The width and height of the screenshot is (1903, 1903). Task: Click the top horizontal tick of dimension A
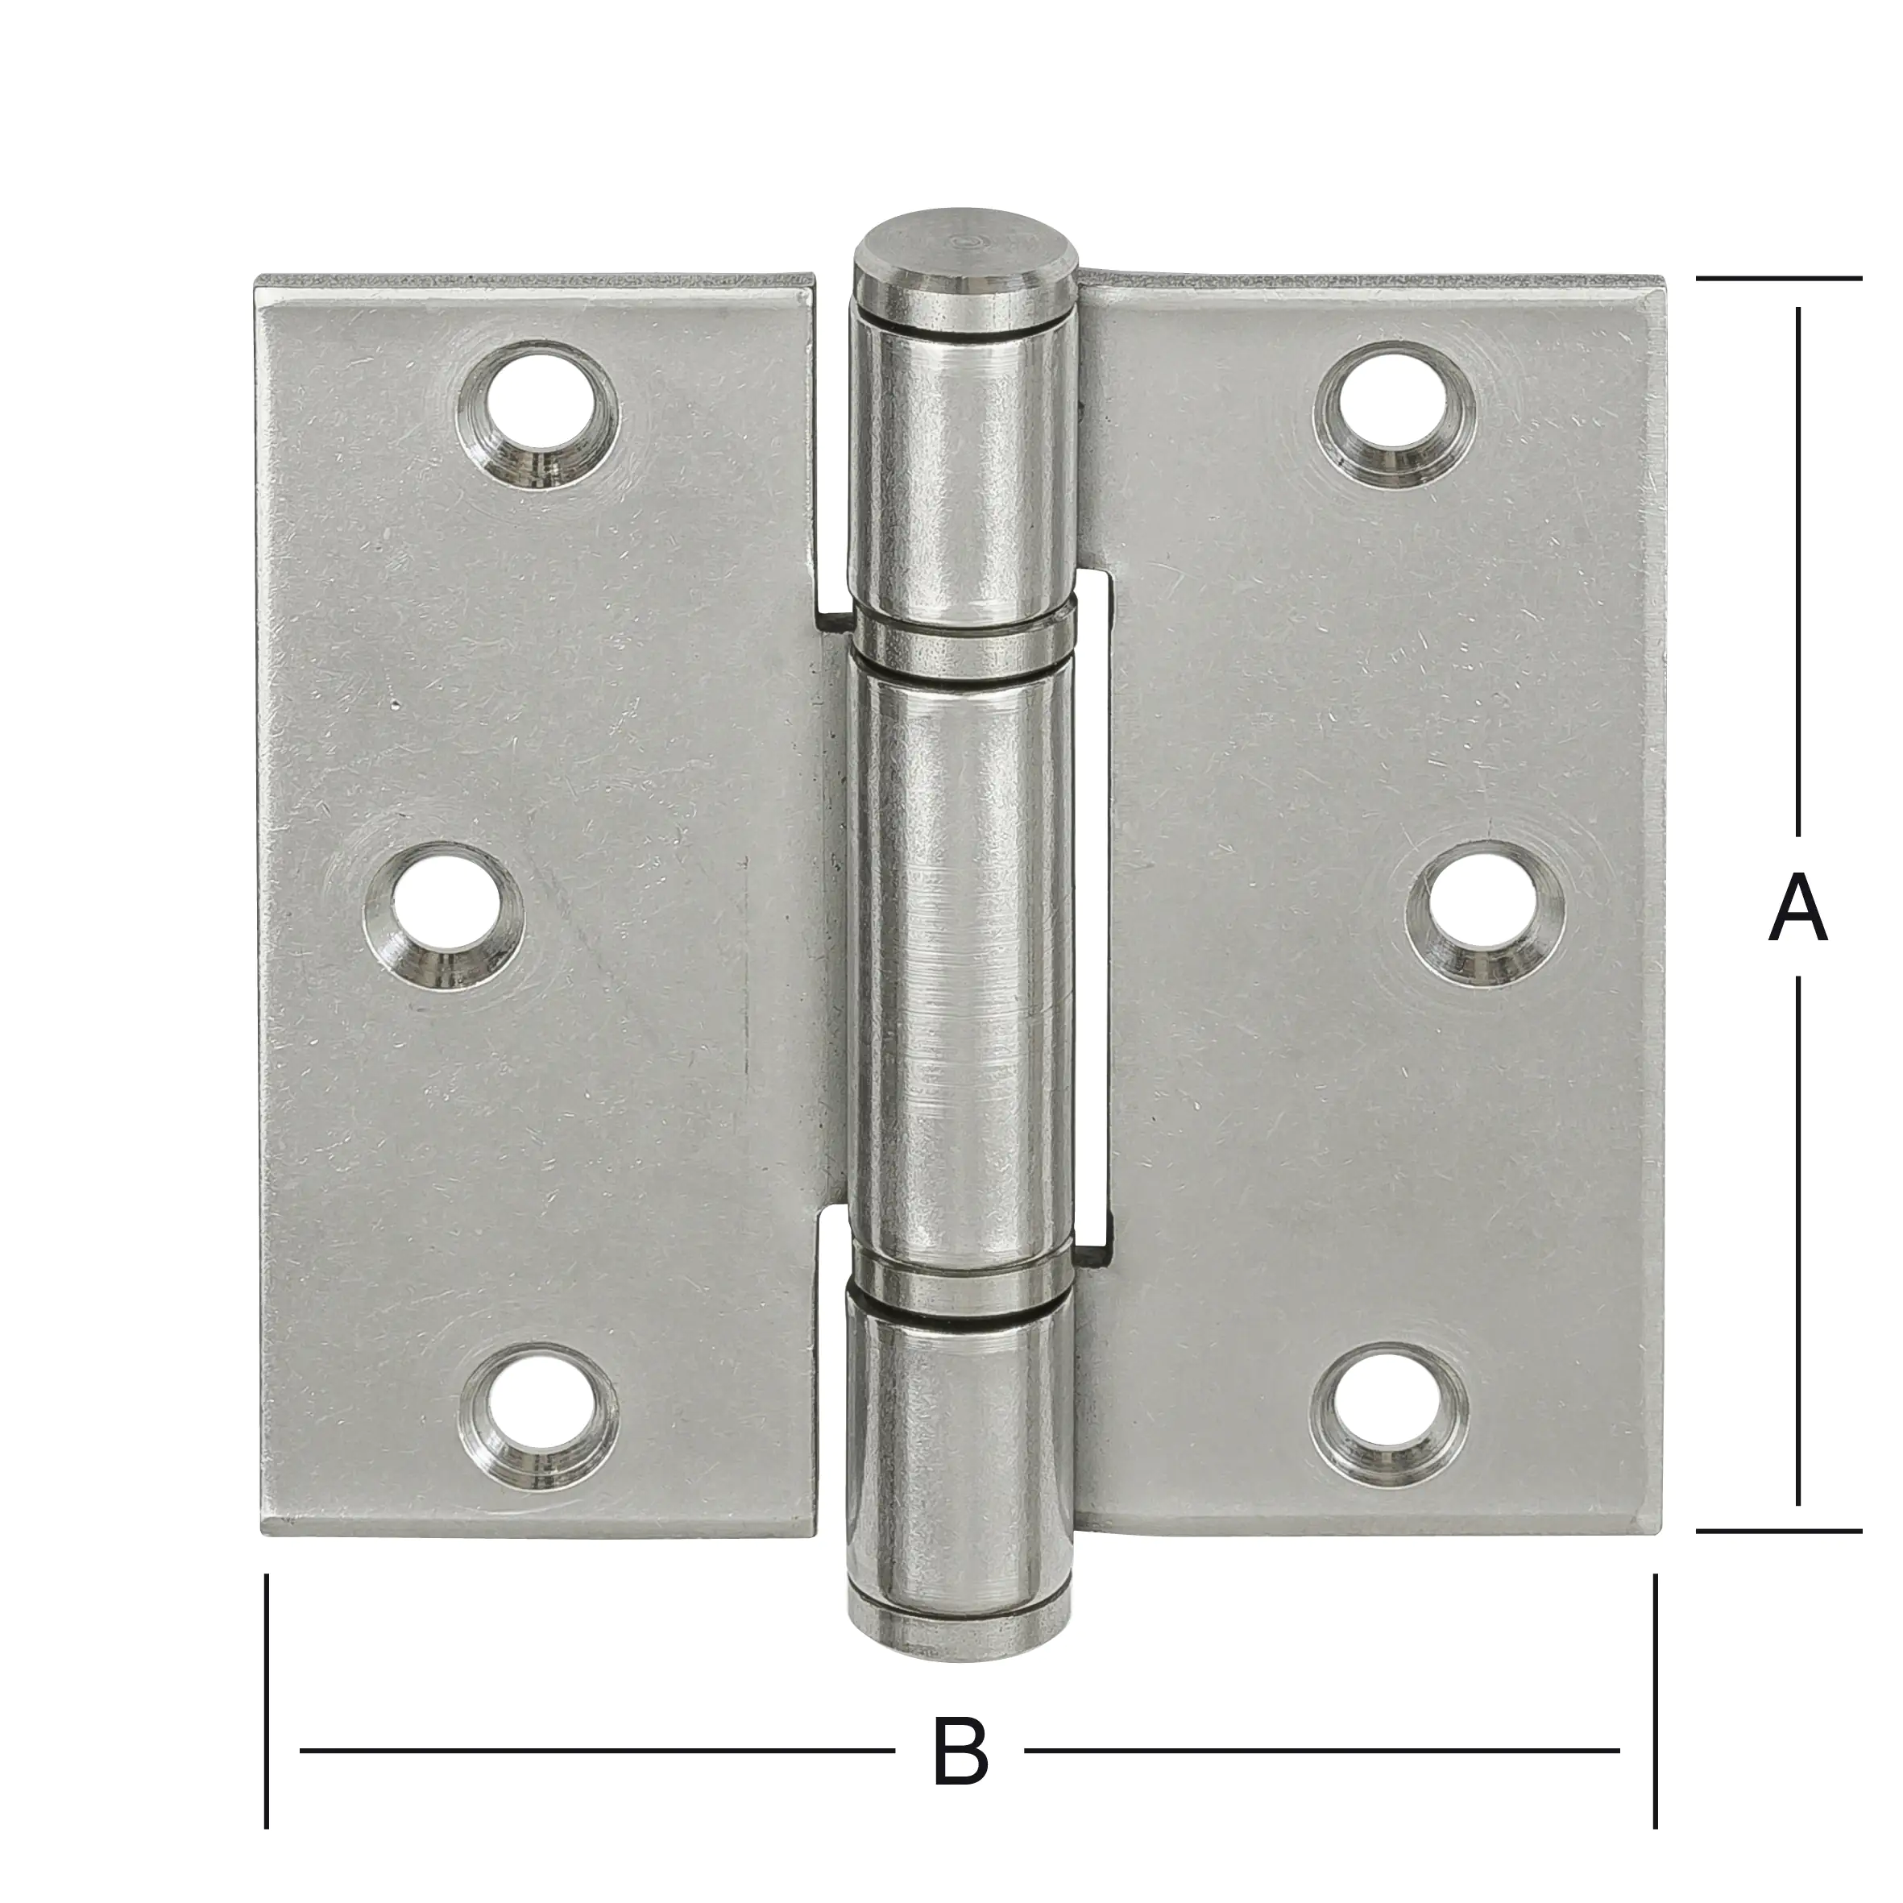[1779, 279]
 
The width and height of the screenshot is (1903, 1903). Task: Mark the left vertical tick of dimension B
[267, 1714]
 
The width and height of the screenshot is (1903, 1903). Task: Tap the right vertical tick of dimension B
[1655, 1714]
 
